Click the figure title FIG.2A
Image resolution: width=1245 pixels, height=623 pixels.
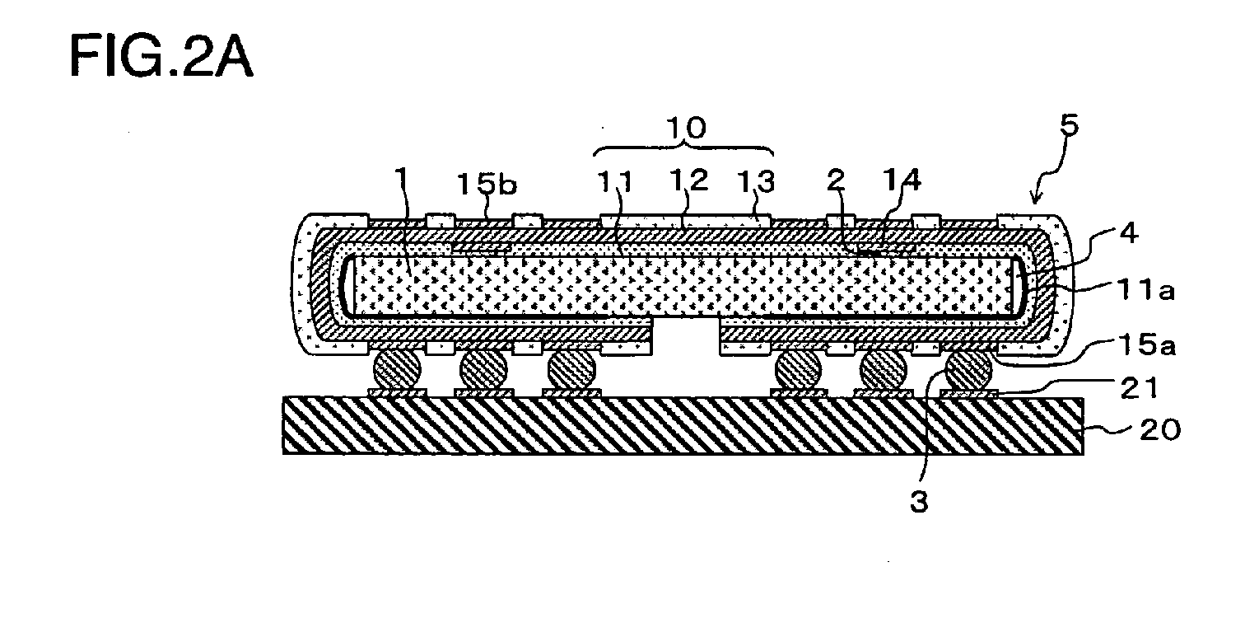[161, 56]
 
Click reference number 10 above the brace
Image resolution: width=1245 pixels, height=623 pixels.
[687, 128]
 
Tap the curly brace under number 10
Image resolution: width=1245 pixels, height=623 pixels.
[683, 149]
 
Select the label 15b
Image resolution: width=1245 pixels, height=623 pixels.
[487, 184]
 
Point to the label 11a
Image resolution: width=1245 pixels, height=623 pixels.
[1146, 290]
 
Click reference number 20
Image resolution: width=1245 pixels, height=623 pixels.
[1160, 430]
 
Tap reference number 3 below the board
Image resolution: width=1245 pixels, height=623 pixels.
[919, 502]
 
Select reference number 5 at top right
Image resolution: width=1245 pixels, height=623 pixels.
[1070, 125]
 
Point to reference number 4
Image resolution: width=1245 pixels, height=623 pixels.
[1128, 233]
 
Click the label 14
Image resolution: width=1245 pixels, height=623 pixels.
[902, 180]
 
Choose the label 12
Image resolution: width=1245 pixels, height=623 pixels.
[688, 180]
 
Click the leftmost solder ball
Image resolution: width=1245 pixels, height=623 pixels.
[397, 368]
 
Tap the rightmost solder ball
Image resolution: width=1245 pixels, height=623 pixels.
[969, 368]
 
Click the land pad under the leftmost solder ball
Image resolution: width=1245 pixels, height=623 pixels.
[397, 393]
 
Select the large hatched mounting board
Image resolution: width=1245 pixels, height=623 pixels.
[683, 426]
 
